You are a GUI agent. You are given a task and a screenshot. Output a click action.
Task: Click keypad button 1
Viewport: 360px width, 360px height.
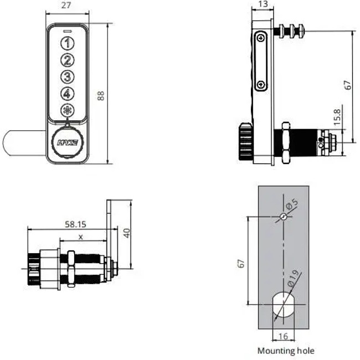pos(66,43)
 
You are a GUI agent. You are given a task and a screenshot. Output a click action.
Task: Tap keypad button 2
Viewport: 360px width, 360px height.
pos(66,60)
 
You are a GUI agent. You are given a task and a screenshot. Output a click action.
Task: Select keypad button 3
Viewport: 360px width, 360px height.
pos(66,77)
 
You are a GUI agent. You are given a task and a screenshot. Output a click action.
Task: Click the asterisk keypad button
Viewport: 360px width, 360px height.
pos(66,110)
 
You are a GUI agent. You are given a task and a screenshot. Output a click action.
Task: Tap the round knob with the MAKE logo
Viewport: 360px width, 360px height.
pos(68,143)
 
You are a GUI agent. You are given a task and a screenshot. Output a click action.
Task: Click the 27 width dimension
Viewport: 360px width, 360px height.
pos(65,6)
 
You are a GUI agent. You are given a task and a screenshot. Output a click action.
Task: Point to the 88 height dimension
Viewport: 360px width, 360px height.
pos(100,95)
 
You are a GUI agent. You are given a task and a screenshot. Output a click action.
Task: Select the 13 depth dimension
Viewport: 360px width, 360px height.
pos(263,4)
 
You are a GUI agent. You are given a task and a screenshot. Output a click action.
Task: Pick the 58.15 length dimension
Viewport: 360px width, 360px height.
pos(75,224)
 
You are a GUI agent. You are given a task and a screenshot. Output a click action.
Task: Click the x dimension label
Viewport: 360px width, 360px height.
pos(82,236)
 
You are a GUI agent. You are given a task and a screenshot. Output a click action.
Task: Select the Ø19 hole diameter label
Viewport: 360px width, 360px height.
pos(292,275)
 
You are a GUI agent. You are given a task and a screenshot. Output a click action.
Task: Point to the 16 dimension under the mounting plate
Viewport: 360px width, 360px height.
pos(283,336)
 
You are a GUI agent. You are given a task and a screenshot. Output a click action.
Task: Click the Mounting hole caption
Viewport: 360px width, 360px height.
pos(285,351)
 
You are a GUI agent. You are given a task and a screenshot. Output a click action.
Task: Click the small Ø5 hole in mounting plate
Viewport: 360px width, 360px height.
pos(283,217)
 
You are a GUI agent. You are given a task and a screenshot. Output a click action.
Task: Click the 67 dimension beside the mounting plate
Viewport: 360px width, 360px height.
pos(241,264)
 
